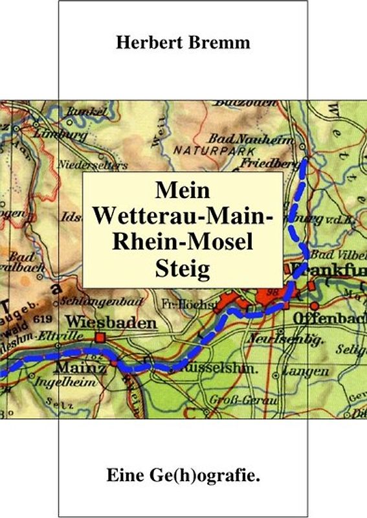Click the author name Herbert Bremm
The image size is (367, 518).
[x=183, y=43]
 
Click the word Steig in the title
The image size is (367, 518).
[x=183, y=267]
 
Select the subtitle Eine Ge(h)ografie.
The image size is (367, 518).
[x=183, y=477]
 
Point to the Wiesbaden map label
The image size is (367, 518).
[x=111, y=322]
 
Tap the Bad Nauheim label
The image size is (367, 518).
[x=248, y=138]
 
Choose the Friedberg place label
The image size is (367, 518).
[x=266, y=164]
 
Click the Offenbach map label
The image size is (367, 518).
[x=329, y=319]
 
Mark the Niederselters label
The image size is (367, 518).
[x=85, y=163]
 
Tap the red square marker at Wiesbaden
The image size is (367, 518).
[x=101, y=336]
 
